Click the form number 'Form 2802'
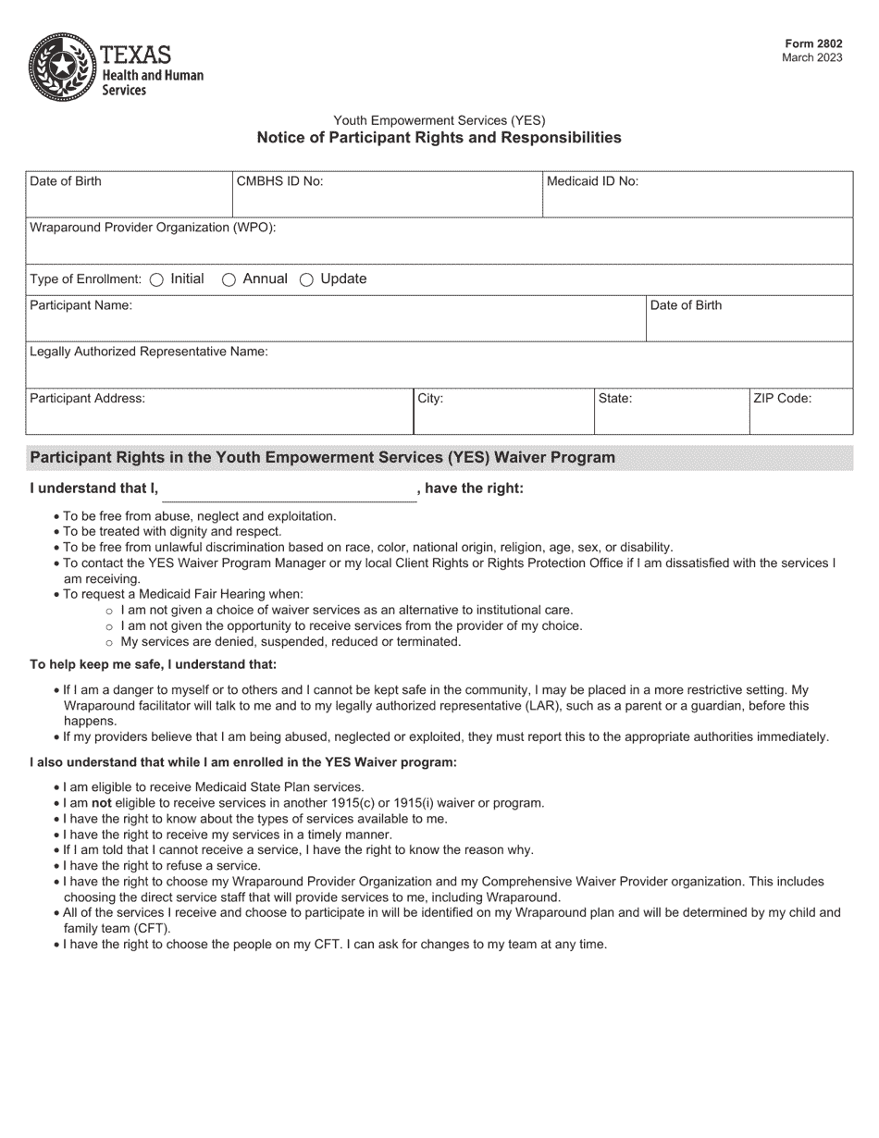pos(813,43)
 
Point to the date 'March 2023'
pos(811,57)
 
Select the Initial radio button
pos(156,279)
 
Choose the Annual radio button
pos(229,279)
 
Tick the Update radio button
pos(306,279)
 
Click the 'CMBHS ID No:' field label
pos(279,181)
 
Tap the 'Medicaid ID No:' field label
pos(592,181)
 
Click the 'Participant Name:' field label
pos(80,305)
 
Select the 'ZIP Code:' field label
pos(782,399)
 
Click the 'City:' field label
pos(430,399)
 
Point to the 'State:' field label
pos(615,399)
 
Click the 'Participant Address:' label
pos(87,399)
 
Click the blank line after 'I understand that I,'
pos(290,490)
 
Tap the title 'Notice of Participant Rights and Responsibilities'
pos(439,138)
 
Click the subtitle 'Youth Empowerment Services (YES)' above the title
pos(439,120)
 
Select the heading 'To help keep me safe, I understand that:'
pos(153,664)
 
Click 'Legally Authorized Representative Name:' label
pos(149,352)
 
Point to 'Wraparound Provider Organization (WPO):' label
pos(153,228)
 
